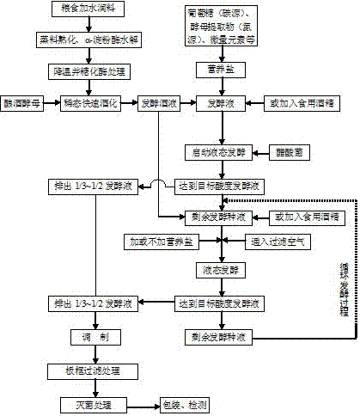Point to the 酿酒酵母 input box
tap(27, 102)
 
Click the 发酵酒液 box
tap(158, 102)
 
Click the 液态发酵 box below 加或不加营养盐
tap(223, 271)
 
